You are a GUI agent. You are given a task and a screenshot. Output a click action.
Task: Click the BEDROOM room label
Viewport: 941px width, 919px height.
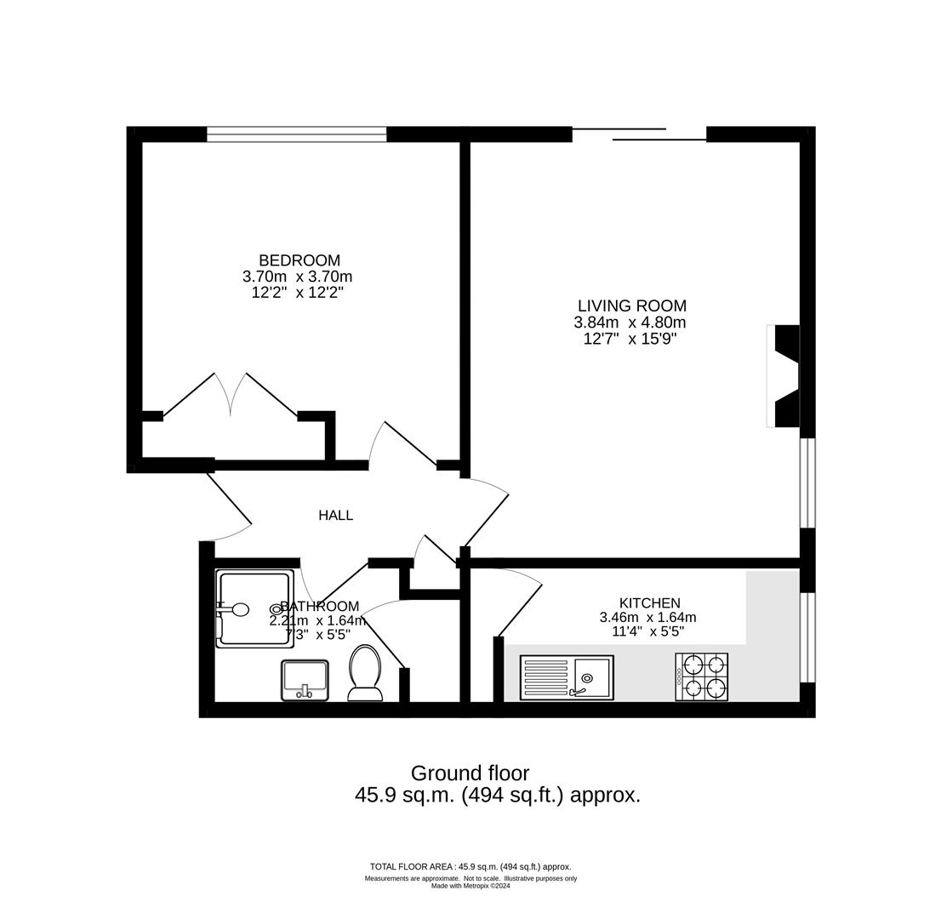(299, 260)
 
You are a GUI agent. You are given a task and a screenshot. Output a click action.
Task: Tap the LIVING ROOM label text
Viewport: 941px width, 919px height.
(631, 305)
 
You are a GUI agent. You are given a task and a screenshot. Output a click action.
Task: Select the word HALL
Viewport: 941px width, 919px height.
(335, 515)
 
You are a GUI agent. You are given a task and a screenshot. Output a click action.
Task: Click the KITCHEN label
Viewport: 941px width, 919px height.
(649, 603)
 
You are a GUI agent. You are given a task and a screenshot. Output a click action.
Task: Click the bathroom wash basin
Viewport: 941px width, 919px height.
(305, 680)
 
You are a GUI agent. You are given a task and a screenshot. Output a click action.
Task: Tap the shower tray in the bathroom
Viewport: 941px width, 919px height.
(254, 608)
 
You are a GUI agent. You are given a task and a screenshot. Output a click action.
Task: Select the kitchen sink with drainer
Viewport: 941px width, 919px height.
(567, 677)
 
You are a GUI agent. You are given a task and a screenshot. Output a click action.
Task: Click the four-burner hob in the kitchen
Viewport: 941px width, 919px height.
(702, 676)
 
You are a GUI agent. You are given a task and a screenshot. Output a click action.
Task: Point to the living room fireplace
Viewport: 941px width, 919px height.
(784, 375)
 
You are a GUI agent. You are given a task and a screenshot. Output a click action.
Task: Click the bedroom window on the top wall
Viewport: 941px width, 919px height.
(296, 134)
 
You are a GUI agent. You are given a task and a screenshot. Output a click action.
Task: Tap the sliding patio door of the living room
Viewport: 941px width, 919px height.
(639, 134)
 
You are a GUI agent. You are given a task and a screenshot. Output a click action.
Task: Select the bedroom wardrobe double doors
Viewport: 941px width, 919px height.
(231, 395)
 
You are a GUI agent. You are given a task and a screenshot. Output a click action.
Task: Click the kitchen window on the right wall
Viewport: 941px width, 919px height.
(807, 636)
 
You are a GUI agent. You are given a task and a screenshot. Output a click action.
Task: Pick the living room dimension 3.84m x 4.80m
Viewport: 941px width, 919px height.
(630, 323)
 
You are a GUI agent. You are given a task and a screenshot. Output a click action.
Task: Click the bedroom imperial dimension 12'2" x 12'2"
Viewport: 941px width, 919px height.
(297, 293)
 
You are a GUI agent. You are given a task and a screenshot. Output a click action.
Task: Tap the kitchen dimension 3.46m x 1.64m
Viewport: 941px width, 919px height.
(647, 618)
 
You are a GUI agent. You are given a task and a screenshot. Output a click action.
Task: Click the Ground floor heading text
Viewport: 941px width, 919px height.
(470, 773)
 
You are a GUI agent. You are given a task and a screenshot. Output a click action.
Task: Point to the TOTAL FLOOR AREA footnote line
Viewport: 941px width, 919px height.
(470, 867)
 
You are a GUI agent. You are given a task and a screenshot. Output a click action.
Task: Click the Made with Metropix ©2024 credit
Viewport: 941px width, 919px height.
(470, 886)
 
